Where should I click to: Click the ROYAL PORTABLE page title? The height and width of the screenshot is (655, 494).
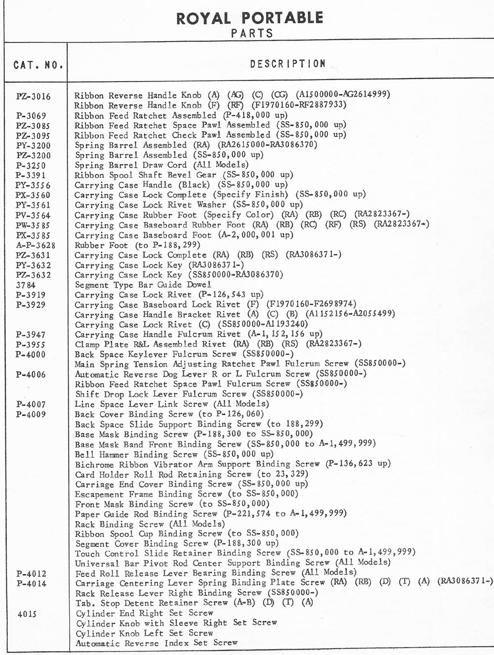249,18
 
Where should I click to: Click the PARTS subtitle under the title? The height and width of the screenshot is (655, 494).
252,34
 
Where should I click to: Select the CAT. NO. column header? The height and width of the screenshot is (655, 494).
38,65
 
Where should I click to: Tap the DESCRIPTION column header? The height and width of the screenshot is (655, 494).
288,64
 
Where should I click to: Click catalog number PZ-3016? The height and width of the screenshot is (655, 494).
33,96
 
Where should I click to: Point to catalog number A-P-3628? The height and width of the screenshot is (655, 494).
36,245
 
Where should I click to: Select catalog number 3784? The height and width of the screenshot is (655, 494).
26,285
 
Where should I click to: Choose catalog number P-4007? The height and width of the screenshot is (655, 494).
31,404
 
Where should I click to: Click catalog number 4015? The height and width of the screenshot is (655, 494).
27,614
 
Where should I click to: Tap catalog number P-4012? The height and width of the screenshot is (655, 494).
31,574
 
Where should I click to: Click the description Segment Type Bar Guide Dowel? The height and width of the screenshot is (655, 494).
143,285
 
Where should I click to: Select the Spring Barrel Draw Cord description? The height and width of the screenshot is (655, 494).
162,165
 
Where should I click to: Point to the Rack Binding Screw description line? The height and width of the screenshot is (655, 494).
150,524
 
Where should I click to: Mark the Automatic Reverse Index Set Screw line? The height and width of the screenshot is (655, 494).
156,643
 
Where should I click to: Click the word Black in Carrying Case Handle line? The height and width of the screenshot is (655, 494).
194,185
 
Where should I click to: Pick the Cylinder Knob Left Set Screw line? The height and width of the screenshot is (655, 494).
144,633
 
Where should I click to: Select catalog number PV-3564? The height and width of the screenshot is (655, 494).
33,215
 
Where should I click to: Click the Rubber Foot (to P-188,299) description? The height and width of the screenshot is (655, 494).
137,245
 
